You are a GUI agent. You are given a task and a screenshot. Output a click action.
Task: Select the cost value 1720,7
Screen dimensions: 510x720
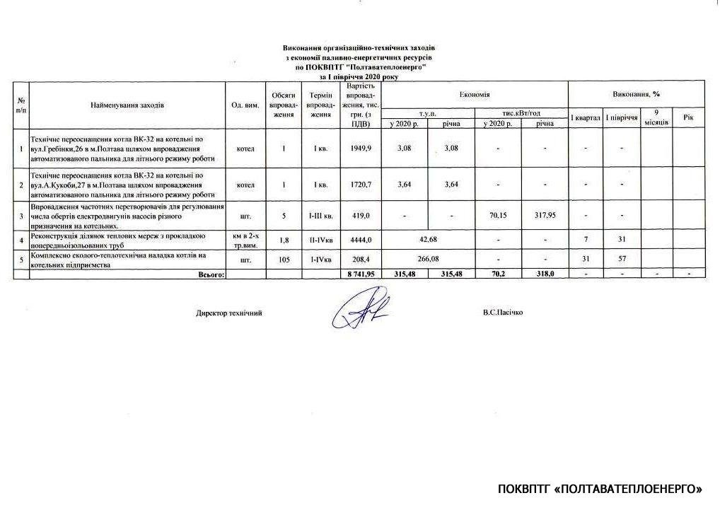tap(361, 185)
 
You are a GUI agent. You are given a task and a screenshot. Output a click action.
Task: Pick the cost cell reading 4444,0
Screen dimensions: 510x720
tap(361, 240)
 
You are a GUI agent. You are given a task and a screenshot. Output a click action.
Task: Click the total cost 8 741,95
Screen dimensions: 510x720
tap(361, 273)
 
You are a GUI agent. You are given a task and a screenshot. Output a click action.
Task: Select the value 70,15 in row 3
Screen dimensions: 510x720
tap(499, 215)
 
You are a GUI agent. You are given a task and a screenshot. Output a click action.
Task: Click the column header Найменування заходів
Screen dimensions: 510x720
tap(127, 105)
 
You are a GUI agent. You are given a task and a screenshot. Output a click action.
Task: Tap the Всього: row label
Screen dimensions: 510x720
tap(209, 273)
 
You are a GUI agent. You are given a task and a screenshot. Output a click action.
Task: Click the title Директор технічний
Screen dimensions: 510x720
tap(229, 313)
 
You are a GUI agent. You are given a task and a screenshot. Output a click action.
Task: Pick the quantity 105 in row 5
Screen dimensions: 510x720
tap(282, 259)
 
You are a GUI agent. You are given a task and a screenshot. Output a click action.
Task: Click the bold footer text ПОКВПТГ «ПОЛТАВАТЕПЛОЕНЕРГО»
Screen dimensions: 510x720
tap(600, 489)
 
